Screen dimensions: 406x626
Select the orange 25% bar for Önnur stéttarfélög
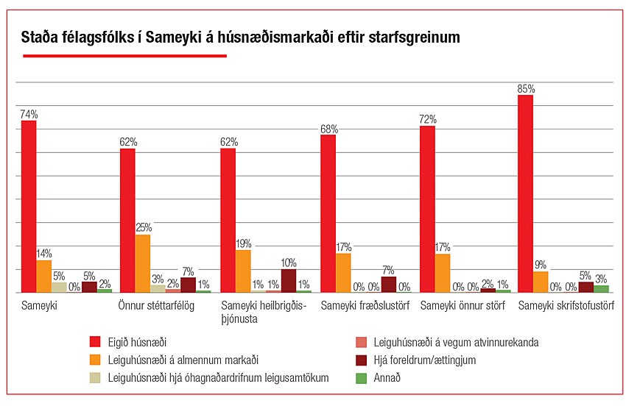point(142,263)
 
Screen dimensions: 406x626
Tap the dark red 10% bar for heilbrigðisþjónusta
point(289,281)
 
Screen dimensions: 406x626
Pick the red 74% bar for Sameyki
point(29,207)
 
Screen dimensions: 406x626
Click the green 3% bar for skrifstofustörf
point(601,289)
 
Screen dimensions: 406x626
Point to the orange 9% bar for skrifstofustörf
point(541,282)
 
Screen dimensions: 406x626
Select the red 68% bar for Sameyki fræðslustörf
point(328,213)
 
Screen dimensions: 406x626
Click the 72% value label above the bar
point(427,118)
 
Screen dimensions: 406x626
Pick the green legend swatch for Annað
point(361,378)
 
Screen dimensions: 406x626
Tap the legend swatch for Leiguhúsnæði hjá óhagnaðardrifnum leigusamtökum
point(95,378)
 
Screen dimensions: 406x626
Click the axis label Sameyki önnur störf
point(463,305)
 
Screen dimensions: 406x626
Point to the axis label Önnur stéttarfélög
point(156,305)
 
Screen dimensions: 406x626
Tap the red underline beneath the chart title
point(124,55)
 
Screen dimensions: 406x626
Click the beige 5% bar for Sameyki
point(59,287)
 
